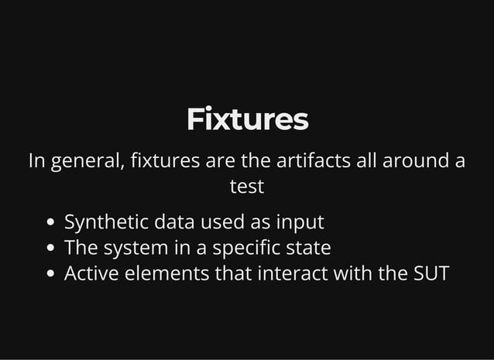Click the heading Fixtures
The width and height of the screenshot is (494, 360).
[247, 121]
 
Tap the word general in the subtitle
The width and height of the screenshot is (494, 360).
[85, 163]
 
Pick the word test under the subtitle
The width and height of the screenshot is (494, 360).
[247, 187]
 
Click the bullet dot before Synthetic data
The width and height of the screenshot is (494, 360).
[52, 224]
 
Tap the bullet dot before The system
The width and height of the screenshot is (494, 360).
[52, 249]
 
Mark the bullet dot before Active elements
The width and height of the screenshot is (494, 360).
[52, 275]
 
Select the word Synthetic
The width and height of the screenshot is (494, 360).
[106, 223]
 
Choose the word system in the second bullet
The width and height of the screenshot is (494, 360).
[136, 249]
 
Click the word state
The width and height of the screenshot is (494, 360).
[310, 249]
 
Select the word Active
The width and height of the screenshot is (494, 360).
[89, 274]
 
